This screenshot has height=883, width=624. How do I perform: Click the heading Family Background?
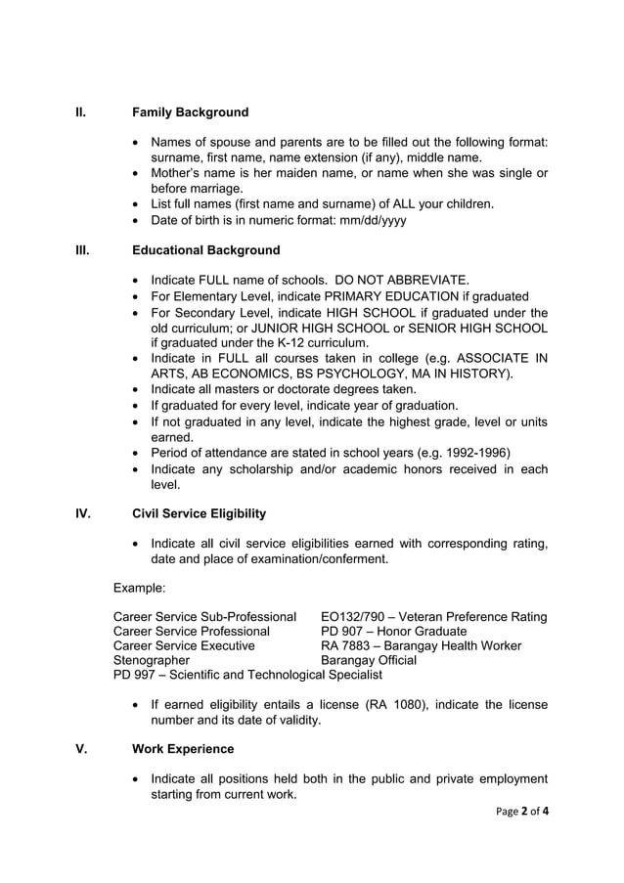click(x=190, y=112)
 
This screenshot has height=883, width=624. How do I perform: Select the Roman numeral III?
click(x=83, y=250)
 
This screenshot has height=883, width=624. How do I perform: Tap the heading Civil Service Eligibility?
click(x=199, y=513)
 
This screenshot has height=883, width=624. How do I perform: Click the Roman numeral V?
click(x=80, y=749)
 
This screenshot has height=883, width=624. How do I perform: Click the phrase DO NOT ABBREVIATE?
click(x=401, y=280)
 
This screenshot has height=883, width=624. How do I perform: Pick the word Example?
click(x=140, y=588)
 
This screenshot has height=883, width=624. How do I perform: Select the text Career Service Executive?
click(x=184, y=645)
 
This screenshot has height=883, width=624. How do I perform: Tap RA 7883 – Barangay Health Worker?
click(x=421, y=645)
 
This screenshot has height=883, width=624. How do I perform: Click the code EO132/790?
click(x=352, y=617)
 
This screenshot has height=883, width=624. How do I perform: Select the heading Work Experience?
click(x=183, y=749)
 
